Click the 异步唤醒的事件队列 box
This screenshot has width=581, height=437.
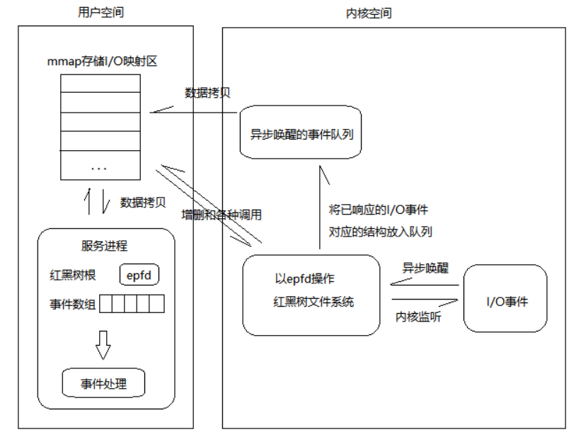click(301, 132)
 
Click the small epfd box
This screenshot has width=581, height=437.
click(139, 274)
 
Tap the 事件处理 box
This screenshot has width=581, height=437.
click(103, 383)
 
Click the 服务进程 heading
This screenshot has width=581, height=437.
click(104, 246)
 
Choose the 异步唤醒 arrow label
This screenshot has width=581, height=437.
click(425, 268)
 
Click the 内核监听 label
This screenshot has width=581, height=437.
click(418, 317)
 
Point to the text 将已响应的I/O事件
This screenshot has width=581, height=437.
click(378, 210)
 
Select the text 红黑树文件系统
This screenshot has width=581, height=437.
click(313, 302)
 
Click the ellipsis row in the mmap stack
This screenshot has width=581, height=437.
click(100, 167)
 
